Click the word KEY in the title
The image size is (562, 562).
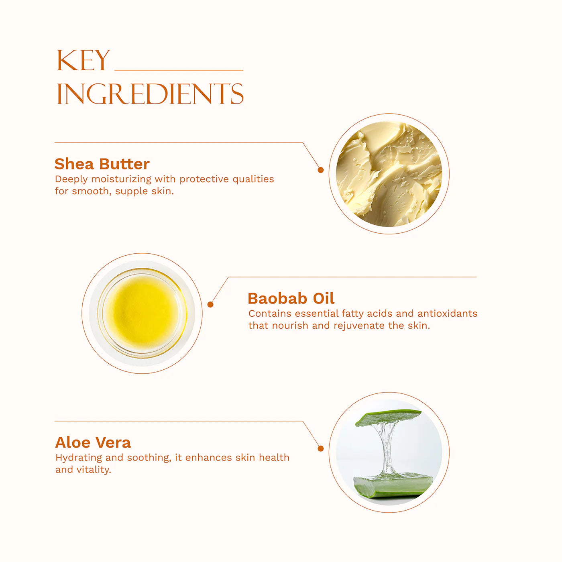pos(83,60)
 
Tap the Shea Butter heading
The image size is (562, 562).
pos(102,164)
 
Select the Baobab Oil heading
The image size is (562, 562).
pos(291,298)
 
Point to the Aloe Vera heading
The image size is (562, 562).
pos(93,442)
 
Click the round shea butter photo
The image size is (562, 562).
pos(389,174)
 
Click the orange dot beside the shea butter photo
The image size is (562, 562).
pos(320,170)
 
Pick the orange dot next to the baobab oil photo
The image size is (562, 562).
pos(210,304)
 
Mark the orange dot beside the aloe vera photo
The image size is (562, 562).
pos(320,448)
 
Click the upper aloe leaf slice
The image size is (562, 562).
pos(388,417)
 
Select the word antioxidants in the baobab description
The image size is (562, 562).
pos(447,313)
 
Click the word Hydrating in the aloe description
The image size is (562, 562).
pos(78,458)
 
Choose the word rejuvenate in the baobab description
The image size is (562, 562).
pos(359,326)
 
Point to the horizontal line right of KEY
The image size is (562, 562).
pos(179,70)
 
